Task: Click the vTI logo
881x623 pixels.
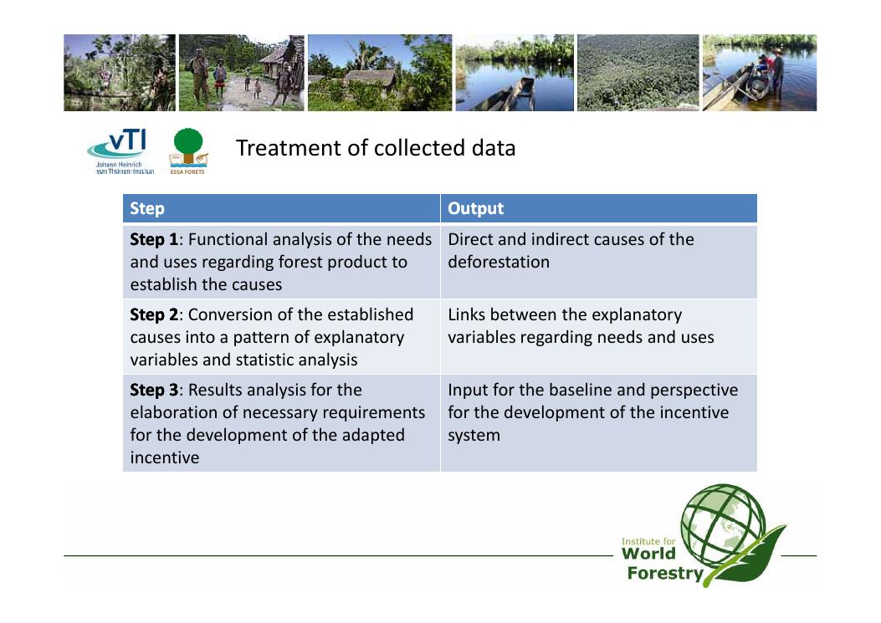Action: pos(120,151)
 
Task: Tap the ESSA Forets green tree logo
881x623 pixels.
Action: pos(188,151)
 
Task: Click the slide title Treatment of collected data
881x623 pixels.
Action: pos(376,148)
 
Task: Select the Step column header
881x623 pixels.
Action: pos(147,208)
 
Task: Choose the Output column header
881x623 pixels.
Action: pos(475,208)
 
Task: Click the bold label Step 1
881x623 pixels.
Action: pos(154,239)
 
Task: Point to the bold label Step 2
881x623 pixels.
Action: pos(154,314)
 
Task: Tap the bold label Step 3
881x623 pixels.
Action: pos(154,390)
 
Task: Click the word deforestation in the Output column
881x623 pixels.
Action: pos(499,262)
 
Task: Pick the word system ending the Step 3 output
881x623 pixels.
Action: pos(474,436)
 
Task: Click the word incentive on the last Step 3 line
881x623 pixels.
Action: pos(165,457)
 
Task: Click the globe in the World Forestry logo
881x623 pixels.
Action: pos(723,525)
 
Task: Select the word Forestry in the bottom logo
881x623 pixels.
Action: pos(665,574)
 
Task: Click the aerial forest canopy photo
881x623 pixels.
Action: pos(638,73)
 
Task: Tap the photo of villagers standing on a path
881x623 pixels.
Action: pos(242,73)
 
